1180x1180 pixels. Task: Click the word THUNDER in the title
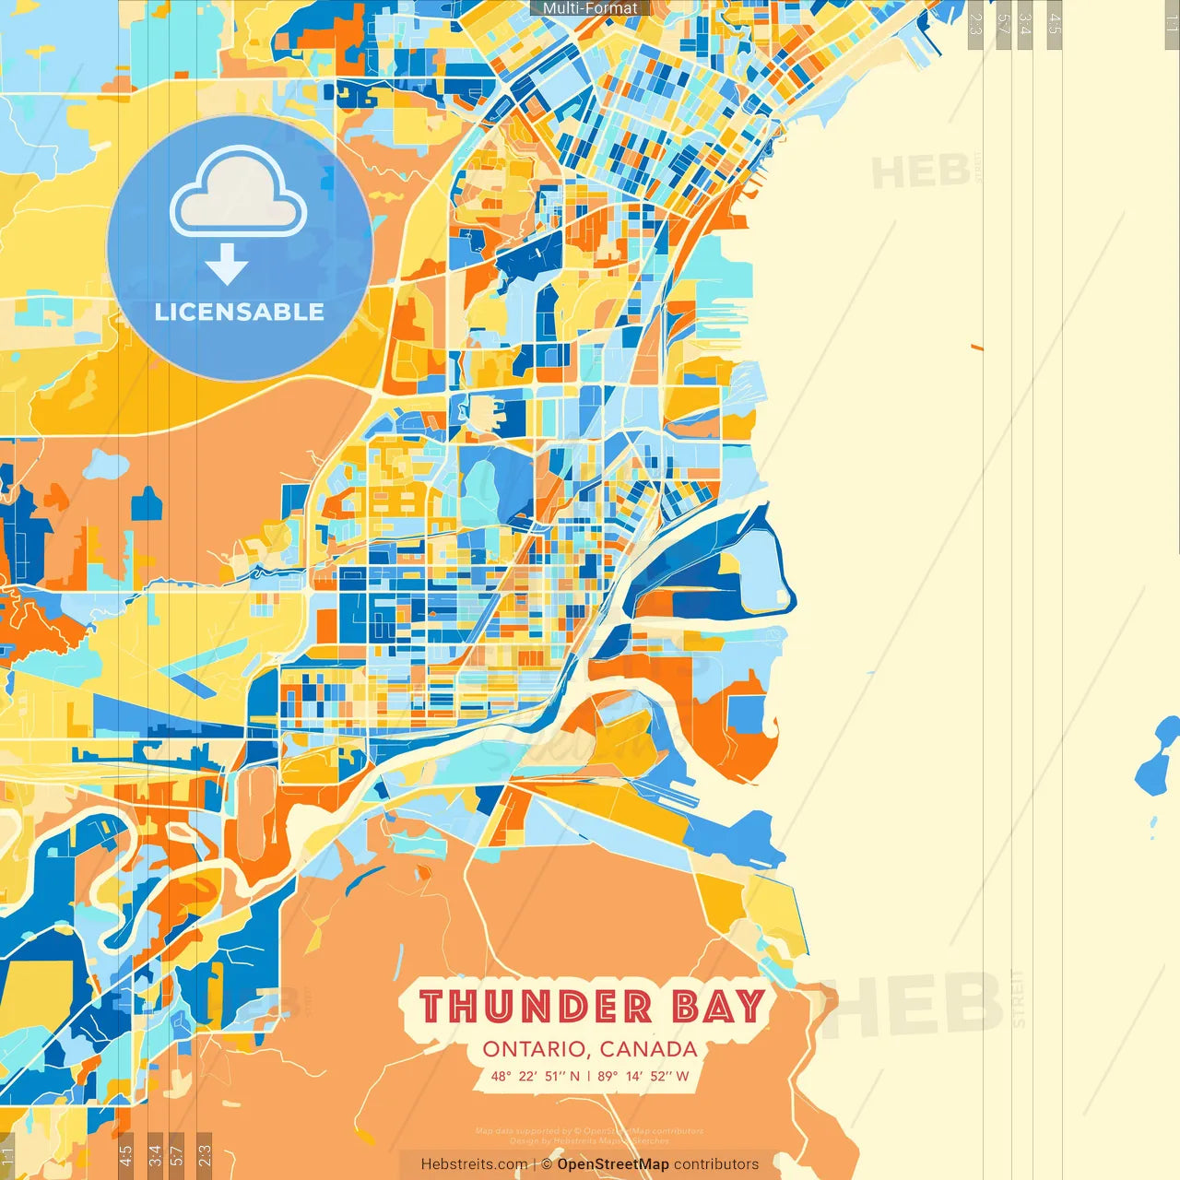click(x=536, y=1006)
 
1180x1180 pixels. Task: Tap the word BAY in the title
click(x=719, y=1006)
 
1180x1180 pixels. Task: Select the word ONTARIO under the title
click(x=537, y=1049)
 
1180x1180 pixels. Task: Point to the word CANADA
click(x=648, y=1049)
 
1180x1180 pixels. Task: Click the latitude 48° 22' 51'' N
click(x=535, y=1076)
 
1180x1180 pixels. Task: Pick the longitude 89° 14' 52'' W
click(x=643, y=1076)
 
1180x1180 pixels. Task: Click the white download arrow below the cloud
click(x=227, y=264)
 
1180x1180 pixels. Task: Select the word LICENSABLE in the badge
click(x=240, y=312)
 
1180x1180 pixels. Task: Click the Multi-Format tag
click(x=590, y=8)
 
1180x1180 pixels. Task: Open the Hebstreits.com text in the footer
click(x=474, y=1164)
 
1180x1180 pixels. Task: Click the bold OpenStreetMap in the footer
click(x=613, y=1164)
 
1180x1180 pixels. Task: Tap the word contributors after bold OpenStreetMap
click(x=716, y=1164)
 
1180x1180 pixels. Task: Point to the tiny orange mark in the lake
click(x=976, y=347)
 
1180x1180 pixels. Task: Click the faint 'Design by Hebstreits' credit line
click(x=590, y=1140)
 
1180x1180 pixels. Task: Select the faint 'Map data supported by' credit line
click(x=590, y=1130)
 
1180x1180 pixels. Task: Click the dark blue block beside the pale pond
click(x=146, y=503)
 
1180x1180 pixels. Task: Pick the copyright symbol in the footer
click(x=547, y=1164)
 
